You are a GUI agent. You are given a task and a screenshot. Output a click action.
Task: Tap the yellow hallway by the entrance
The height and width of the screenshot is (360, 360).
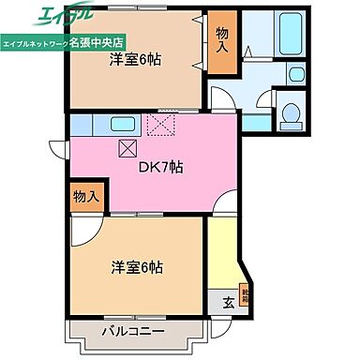coord(226,253)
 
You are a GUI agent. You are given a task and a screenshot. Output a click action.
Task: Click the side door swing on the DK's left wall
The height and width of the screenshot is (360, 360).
coord(57,148)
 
